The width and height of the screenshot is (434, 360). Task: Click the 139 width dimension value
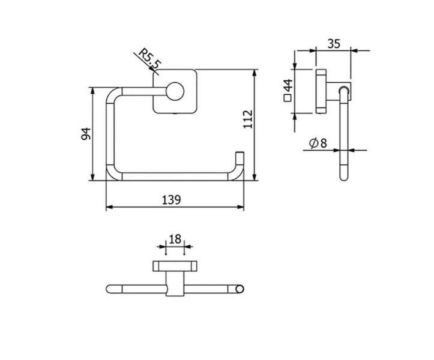point(171,200)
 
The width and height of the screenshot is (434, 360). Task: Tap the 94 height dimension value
point(86,134)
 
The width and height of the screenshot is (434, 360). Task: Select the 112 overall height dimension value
point(248,119)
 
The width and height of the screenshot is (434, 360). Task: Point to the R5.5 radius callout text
point(149,58)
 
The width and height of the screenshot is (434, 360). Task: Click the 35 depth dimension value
point(334,44)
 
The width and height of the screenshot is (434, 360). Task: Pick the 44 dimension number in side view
point(288,86)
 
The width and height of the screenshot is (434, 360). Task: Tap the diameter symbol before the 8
point(313,143)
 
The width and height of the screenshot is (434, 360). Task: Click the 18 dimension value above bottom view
point(175,239)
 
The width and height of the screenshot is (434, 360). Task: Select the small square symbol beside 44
point(288,98)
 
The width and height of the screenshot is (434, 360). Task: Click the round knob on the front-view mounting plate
point(175,91)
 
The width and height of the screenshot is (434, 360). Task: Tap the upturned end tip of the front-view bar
point(240,153)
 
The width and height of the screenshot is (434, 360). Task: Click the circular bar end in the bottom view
point(240,289)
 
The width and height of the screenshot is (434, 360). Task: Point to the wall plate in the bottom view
point(175,266)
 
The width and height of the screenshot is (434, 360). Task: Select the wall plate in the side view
point(321,91)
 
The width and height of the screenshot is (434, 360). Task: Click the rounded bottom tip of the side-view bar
point(344,178)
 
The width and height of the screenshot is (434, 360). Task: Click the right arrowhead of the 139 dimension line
point(241,207)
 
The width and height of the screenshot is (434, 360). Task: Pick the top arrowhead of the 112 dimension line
point(255,73)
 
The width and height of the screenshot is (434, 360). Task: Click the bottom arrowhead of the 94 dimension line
point(92,177)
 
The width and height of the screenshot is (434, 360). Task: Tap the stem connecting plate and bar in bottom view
point(175,283)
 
